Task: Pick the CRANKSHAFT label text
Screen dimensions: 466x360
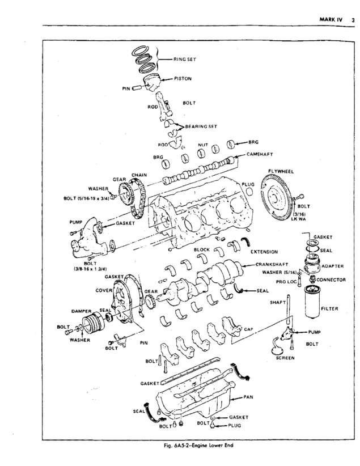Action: [x=272, y=264]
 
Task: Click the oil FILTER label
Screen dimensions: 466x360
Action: [x=329, y=309]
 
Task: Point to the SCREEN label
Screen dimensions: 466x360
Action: [x=285, y=358]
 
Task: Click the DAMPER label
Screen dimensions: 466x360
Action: [x=82, y=311]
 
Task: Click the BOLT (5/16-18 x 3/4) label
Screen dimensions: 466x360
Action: [x=84, y=198]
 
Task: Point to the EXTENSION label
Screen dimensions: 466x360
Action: [x=264, y=251]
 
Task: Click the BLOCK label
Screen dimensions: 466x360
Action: [x=201, y=249]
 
